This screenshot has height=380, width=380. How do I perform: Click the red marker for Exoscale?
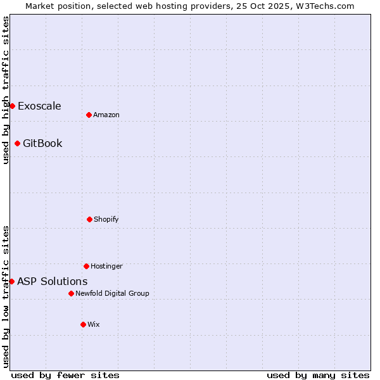(x=12, y=106)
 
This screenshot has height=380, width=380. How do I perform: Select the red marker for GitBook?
(x=17, y=143)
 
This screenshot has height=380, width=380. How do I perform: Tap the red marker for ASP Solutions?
(x=11, y=281)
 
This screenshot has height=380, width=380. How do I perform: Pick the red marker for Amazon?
(x=89, y=115)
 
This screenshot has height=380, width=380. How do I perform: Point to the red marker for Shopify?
(x=89, y=219)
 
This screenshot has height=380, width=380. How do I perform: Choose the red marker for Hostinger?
(x=86, y=266)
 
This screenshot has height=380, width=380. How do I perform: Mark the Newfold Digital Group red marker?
(x=71, y=293)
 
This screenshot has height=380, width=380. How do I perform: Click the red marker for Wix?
(x=83, y=324)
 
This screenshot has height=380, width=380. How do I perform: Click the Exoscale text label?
(x=39, y=106)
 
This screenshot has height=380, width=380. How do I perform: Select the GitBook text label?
(x=42, y=143)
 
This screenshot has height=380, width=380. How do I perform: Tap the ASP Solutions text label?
(x=52, y=281)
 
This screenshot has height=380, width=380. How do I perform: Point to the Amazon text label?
(x=106, y=115)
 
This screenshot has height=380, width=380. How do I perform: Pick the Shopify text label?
(x=106, y=219)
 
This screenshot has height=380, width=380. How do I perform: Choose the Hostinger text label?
(x=106, y=266)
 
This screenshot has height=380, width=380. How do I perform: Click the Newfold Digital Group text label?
(x=112, y=293)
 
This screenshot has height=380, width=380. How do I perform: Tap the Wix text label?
(x=94, y=324)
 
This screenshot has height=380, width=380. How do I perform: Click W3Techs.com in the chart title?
(x=322, y=6)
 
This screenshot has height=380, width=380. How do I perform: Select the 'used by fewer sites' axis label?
(x=65, y=375)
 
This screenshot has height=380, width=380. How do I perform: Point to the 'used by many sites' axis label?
(x=318, y=375)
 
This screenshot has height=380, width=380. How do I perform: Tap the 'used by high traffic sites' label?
(x=6, y=90)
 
